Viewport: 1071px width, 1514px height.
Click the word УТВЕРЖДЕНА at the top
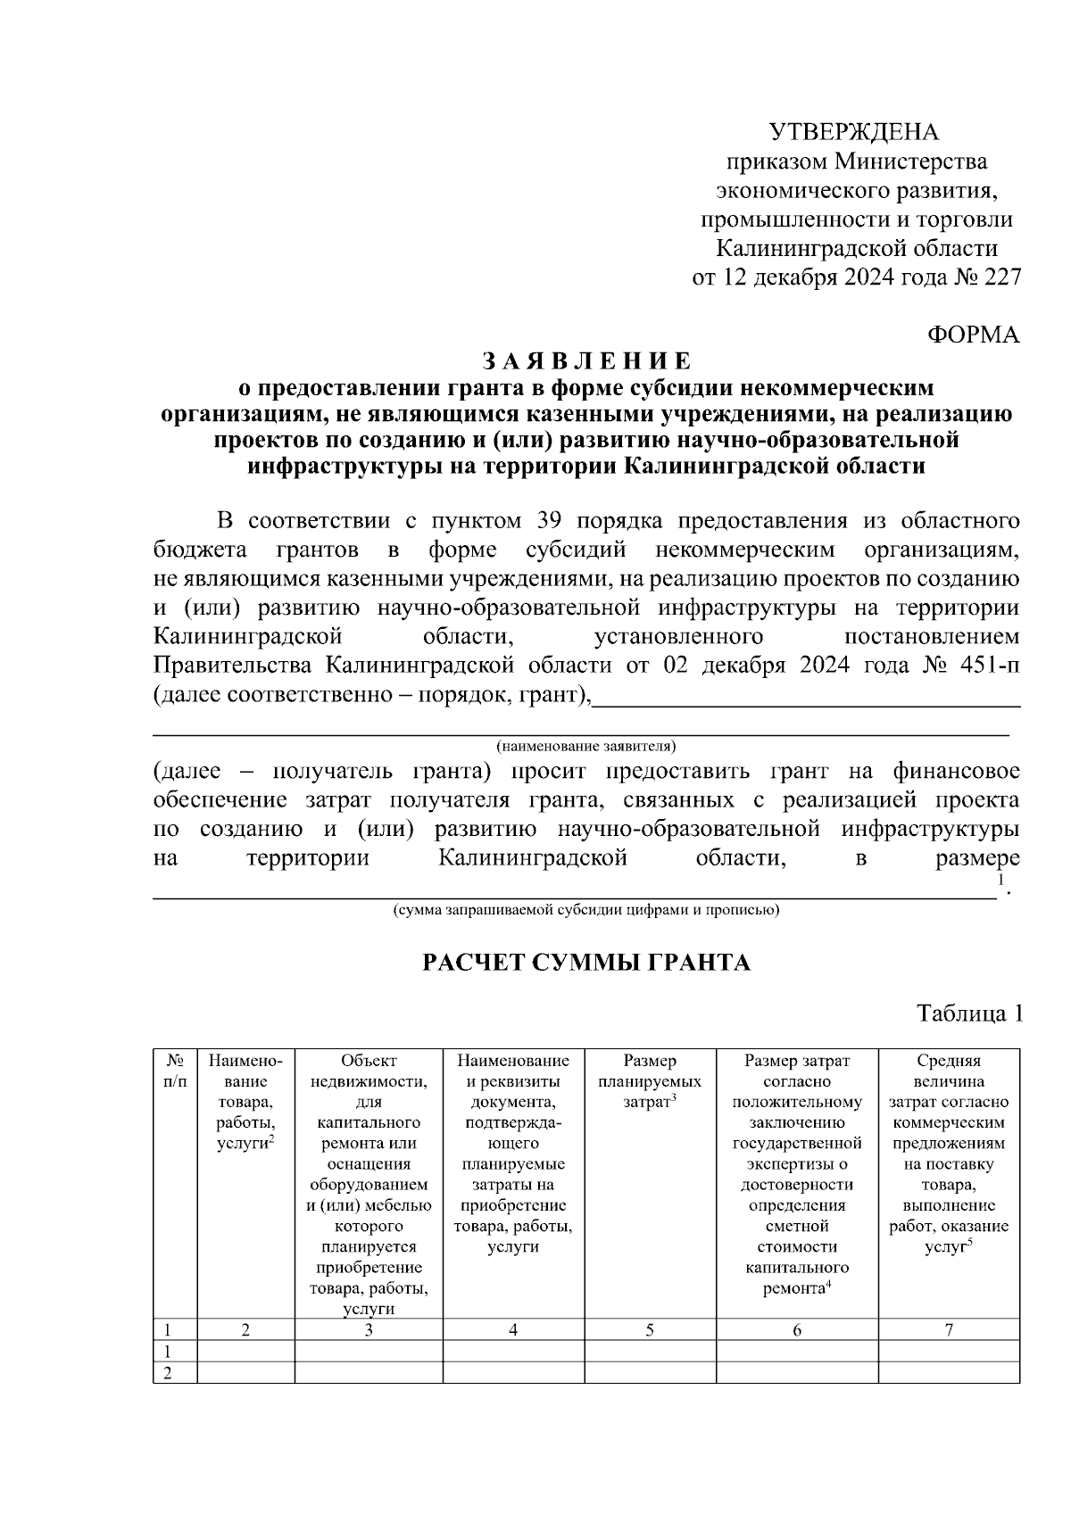point(855,133)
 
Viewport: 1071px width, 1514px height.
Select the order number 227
point(1000,277)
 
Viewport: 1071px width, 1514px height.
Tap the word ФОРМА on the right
point(974,335)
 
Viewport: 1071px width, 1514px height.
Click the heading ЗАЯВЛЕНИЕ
point(586,361)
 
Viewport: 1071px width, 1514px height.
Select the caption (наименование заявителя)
point(586,745)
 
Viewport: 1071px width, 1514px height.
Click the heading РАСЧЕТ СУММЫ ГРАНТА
point(586,963)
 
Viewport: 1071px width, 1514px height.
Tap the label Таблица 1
point(967,1013)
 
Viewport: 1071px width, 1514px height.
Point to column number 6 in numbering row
point(797,1330)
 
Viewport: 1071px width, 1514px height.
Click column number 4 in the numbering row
point(513,1330)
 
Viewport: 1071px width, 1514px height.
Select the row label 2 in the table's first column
point(166,1373)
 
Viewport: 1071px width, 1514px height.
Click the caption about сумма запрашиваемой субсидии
point(586,911)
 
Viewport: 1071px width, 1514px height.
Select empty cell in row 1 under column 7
point(949,1352)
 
